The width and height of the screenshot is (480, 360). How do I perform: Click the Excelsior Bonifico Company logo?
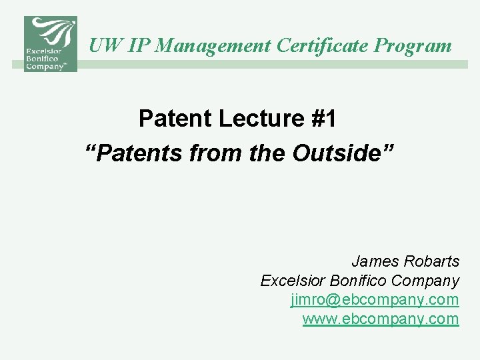point(51,44)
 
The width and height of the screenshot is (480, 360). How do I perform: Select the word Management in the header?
point(215,45)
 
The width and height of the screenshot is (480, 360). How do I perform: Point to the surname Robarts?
point(433,261)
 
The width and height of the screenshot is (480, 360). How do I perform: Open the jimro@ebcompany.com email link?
point(375,299)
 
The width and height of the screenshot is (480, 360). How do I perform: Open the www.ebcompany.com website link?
point(381,319)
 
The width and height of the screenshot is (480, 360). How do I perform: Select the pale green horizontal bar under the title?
point(273,65)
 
